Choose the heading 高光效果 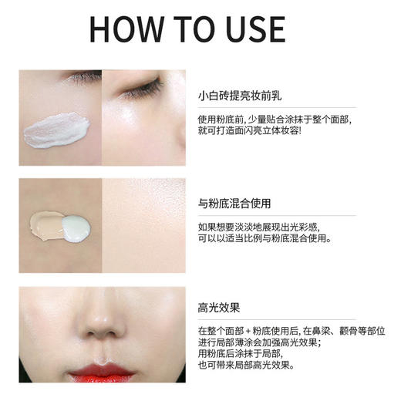point(220,308)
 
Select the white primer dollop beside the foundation point(76,227)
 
